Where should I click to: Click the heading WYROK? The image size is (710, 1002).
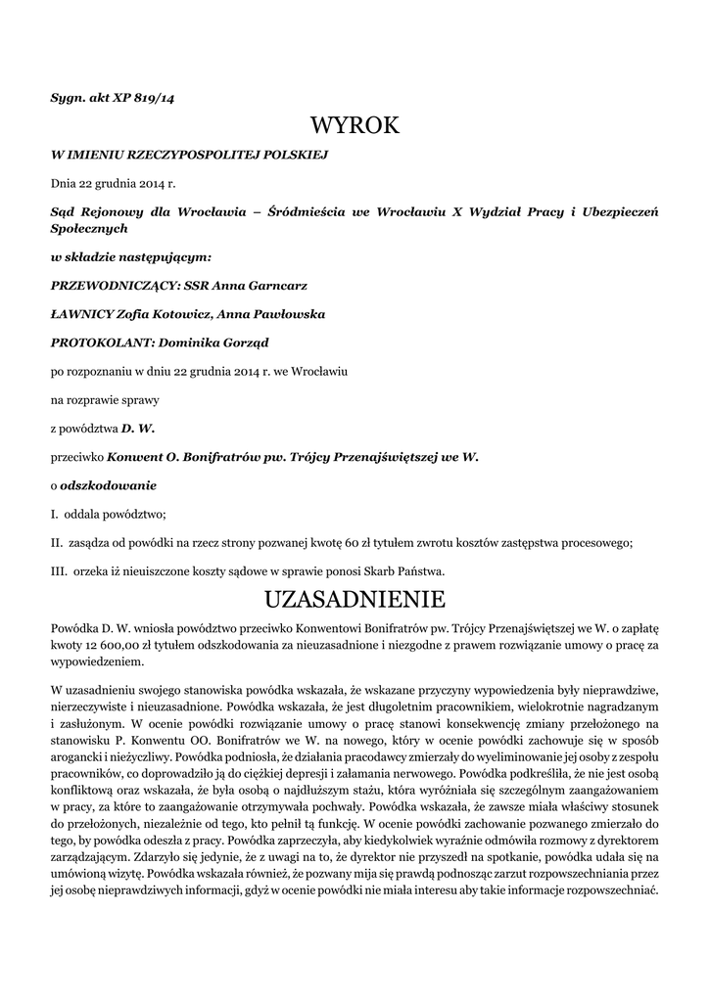(355, 126)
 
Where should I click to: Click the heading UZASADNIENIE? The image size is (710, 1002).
(355, 598)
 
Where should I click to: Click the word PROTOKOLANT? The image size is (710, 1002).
(95, 342)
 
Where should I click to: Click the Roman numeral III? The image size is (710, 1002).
(57, 570)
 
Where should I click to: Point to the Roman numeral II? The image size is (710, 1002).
(56, 542)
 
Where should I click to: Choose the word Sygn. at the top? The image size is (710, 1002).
(69, 97)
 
